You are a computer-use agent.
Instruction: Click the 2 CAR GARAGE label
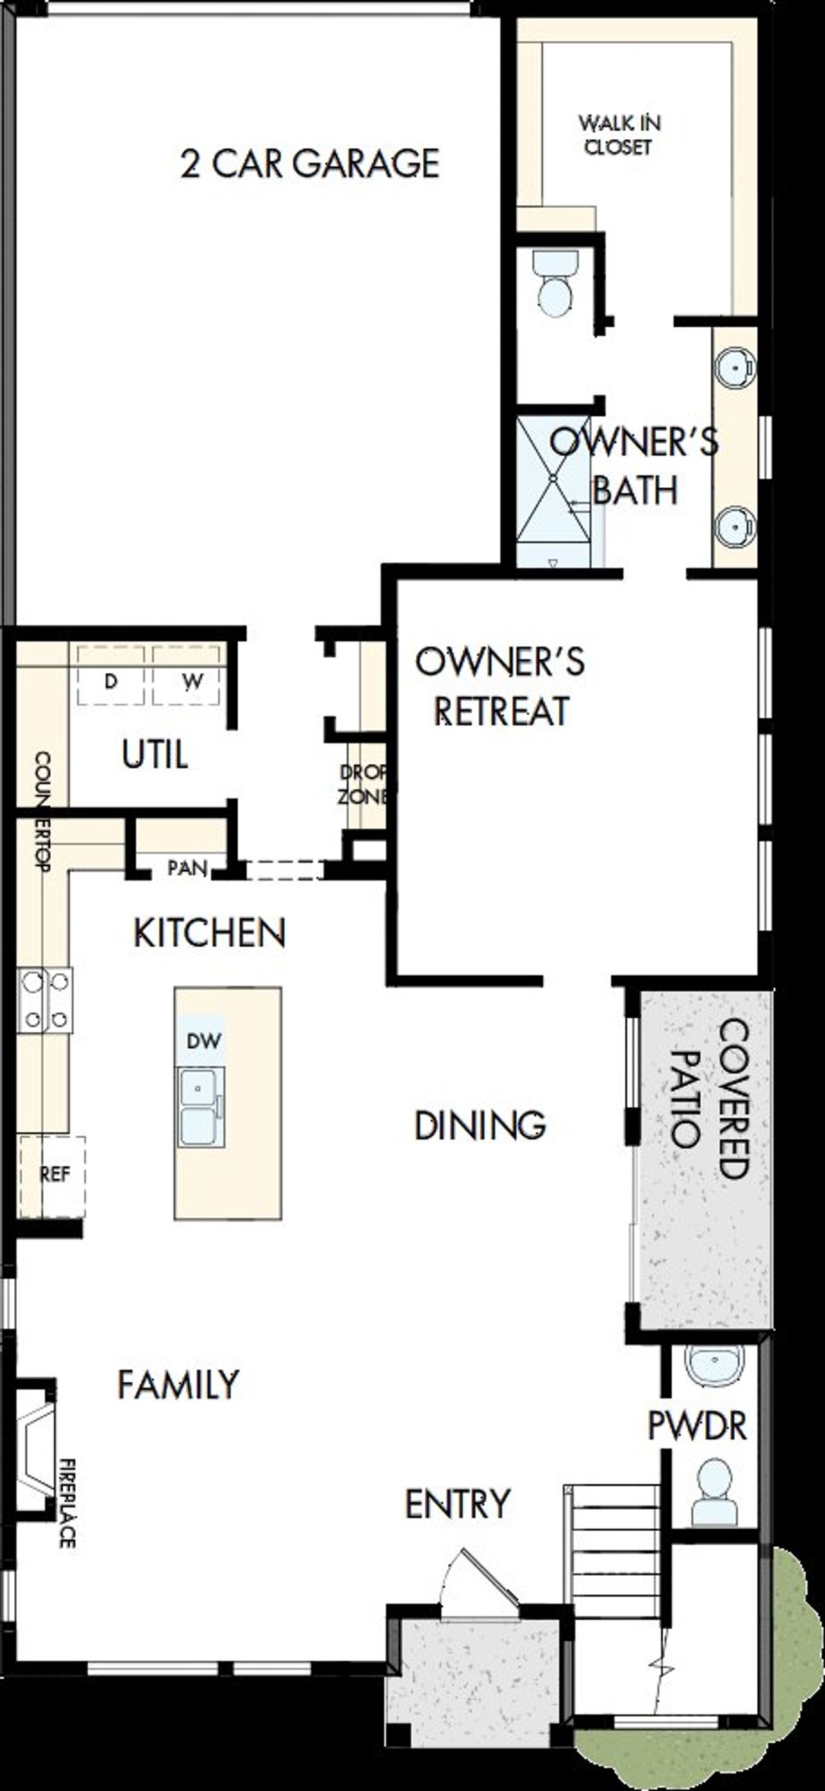click(309, 164)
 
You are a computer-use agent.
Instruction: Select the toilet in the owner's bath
click(556, 285)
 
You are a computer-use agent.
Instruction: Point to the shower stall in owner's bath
click(553, 487)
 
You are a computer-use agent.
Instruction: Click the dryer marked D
click(111, 678)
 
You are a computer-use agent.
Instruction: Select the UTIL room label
click(155, 755)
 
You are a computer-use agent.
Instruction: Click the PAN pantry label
click(187, 867)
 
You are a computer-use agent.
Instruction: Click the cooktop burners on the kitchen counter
click(45, 1000)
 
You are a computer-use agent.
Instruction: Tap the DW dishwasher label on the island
click(203, 1041)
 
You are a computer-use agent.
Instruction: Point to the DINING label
click(480, 1125)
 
